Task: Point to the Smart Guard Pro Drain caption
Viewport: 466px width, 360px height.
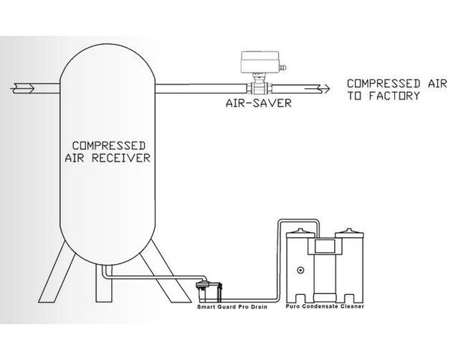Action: click(x=228, y=306)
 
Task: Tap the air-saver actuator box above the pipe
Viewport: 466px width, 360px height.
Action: click(x=259, y=62)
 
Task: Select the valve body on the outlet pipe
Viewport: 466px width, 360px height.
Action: click(x=258, y=88)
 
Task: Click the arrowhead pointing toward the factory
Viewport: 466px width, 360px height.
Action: click(x=324, y=88)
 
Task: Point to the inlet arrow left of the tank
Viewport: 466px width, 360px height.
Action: click(x=22, y=88)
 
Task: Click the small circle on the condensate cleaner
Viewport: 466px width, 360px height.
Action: click(x=300, y=270)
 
